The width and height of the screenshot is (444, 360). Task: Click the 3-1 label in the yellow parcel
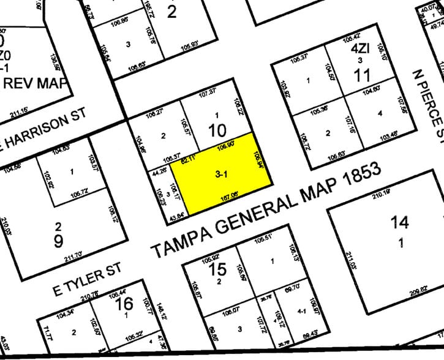tap(222, 175)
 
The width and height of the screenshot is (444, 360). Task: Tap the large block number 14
tap(402, 224)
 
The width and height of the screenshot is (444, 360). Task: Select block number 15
tap(217, 269)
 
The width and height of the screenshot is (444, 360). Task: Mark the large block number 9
tap(58, 240)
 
